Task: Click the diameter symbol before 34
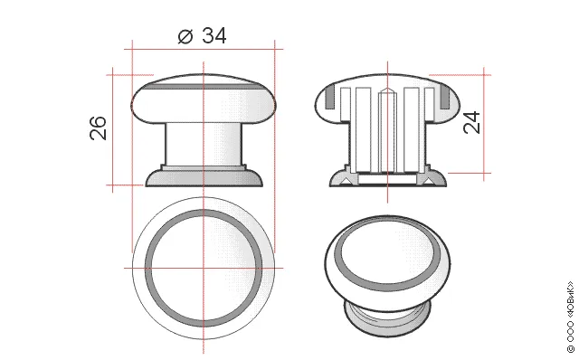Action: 185,36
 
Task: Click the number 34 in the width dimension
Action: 214,36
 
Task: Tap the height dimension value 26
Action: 99,128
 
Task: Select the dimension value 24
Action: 472,122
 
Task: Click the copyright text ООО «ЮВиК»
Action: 571,317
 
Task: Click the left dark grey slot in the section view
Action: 329,98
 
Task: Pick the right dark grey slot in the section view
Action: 445,98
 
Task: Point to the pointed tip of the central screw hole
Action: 387,89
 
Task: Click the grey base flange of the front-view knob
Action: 204,178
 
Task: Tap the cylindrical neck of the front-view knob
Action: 204,144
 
